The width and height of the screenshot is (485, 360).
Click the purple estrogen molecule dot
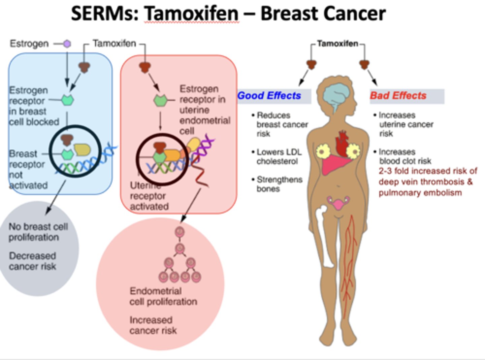[x=67, y=44]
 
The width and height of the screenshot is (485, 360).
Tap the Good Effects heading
[x=269, y=96]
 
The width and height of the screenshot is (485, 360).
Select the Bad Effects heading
[x=398, y=96]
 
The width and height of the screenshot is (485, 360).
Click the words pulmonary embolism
[x=420, y=193]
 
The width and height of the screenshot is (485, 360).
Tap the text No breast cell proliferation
[x=38, y=232]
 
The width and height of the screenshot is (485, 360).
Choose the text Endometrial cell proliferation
[x=163, y=296]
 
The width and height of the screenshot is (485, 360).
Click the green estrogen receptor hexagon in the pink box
[x=160, y=100]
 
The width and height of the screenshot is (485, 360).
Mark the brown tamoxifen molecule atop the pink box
[x=145, y=67]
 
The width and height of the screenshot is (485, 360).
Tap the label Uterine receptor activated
[x=148, y=197]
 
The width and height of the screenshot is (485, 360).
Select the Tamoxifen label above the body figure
[x=337, y=44]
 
